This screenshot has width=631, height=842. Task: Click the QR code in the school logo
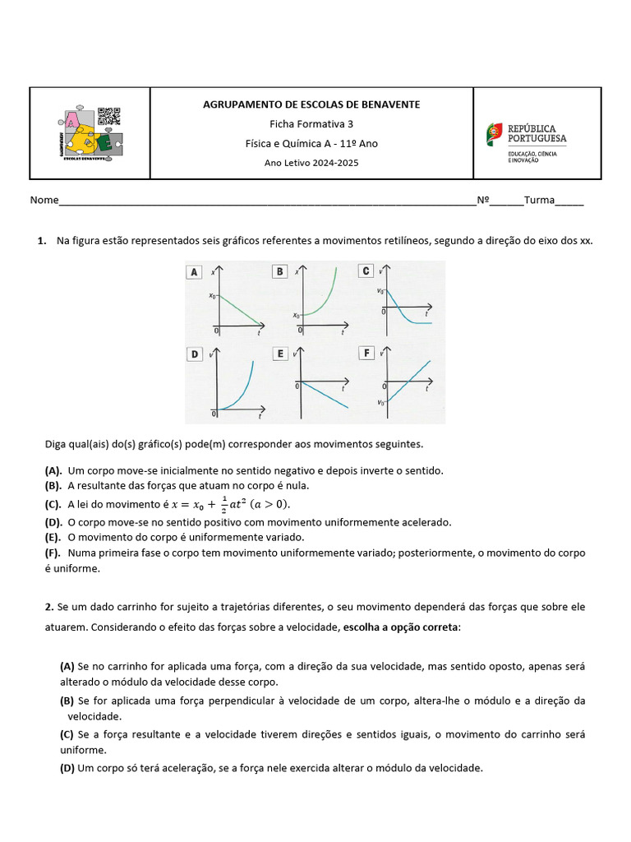pos(108,117)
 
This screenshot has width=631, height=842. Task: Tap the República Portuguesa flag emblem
pos(495,132)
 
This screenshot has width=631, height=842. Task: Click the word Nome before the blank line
pos(44,201)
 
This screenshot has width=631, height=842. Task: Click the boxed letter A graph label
pos(195,272)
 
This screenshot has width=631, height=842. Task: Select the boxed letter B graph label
pos(279,271)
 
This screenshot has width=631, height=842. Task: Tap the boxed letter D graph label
pos(195,354)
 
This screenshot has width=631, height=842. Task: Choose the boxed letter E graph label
pos(280,354)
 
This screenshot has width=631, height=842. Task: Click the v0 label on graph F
pos(380,403)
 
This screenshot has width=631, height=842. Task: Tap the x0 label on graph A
pos(211,296)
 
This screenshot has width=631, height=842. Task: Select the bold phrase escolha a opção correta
pos(401,627)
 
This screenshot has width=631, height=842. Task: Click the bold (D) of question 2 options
pos(67,768)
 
